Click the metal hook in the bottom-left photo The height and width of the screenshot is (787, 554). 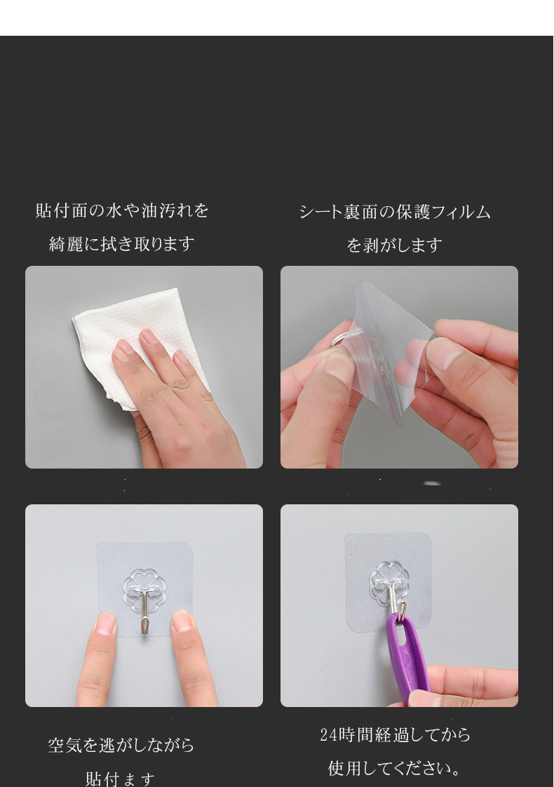click(x=144, y=610)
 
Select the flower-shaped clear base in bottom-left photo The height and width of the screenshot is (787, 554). click(x=144, y=582)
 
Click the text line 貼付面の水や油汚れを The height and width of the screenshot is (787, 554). click(x=122, y=210)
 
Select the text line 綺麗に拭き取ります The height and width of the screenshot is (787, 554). click(x=122, y=244)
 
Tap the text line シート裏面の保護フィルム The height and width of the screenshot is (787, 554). click(x=395, y=212)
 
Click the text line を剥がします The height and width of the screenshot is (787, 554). click(x=395, y=245)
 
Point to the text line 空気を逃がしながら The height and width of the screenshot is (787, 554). click(x=121, y=745)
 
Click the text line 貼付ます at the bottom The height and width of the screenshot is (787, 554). click(x=121, y=778)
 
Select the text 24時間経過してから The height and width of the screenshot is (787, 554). click(x=395, y=734)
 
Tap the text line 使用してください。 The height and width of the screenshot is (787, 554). click(x=395, y=768)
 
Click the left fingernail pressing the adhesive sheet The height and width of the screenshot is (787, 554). click(x=105, y=623)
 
